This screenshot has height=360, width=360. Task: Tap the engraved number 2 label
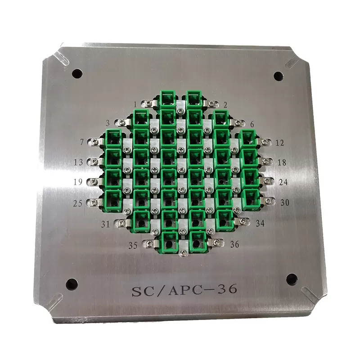225,105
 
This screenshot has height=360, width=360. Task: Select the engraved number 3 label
108,123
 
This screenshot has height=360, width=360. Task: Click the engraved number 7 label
82,142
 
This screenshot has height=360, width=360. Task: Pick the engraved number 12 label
279,143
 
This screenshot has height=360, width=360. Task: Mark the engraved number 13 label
78,162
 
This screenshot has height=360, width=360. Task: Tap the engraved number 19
78,182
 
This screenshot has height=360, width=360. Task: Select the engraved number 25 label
78,203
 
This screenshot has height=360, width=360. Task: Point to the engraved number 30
285,202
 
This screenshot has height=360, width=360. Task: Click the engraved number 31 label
106,224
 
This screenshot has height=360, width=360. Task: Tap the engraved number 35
133,245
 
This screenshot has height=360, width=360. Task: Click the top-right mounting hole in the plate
279,76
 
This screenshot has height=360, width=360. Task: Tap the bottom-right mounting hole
292,279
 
